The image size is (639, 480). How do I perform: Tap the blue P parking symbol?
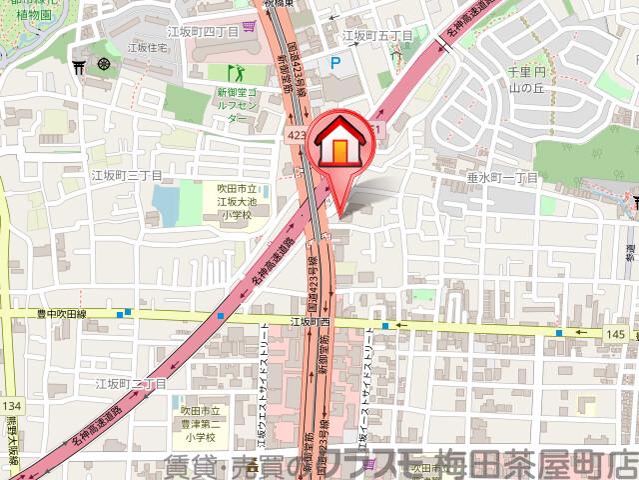[335, 62]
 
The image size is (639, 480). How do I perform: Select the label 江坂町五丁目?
[376, 35]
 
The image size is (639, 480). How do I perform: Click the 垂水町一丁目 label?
[502, 176]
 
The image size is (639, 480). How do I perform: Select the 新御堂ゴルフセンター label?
[239, 104]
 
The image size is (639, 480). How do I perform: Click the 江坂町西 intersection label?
[311, 322]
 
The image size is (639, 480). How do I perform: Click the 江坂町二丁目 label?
[130, 383]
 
